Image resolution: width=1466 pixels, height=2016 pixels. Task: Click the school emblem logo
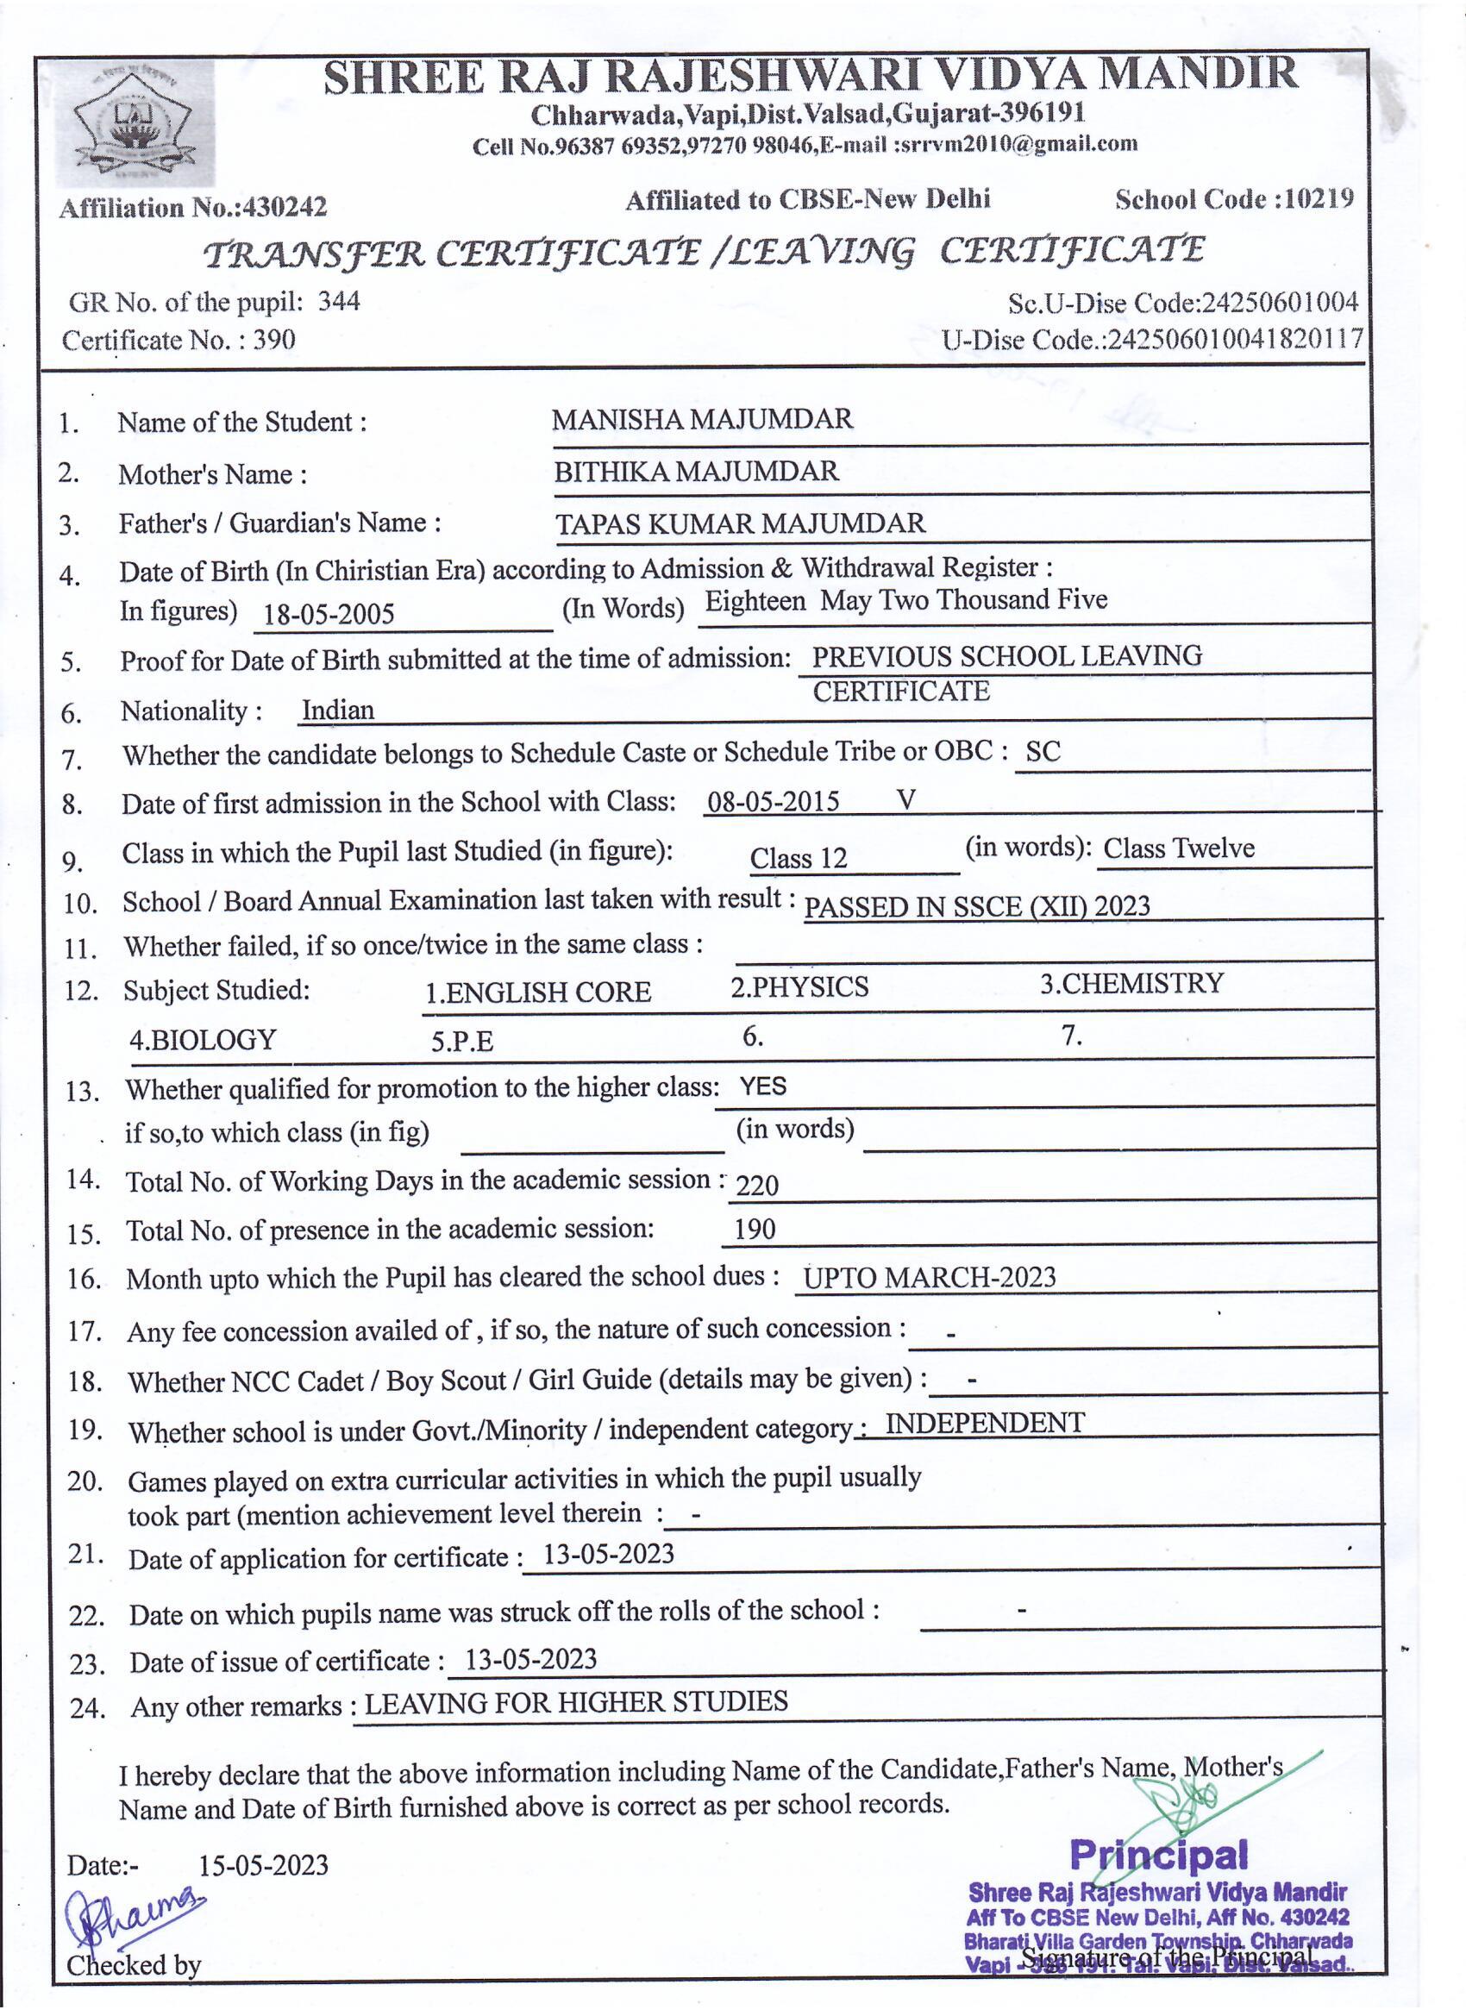pyautogui.click(x=134, y=124)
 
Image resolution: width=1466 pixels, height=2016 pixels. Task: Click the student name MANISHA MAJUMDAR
pyautogui.click(x=701, y=419)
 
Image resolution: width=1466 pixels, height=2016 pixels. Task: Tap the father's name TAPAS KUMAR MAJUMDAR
pyautogui.click(x=741, y=523)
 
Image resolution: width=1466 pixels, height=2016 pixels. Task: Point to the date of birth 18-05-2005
pyautogui.click(x=328, y=614)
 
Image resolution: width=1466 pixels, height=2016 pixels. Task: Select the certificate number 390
pyautogui.click(x=274, y=340)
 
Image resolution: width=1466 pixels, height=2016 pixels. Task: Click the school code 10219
pyautogui.click(x=1319, y=198)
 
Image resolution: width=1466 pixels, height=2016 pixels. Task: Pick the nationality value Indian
pyautogui.click(x=338, y=710)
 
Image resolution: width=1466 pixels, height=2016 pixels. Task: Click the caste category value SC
pyautogui.click(x=1043, y=752)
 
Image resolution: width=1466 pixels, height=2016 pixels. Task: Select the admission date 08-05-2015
pyautogui.click(x=773, y=802)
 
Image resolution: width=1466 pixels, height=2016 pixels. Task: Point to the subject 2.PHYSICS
pyautogui.click(x=799, y=986)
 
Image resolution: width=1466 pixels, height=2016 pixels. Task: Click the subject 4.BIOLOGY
pyautogui.click(x=203, y=1039)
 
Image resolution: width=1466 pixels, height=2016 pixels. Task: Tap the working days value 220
pyautogui.click(x=757, y=1184)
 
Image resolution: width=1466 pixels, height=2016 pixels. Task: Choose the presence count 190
pyautogui.click(x=755, y=1230)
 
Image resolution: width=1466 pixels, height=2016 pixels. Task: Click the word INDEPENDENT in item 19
pyautogui.click(x=984, y=1423)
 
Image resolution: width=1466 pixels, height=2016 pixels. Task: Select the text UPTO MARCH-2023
pyautogui.click(x=929, y=1277)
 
